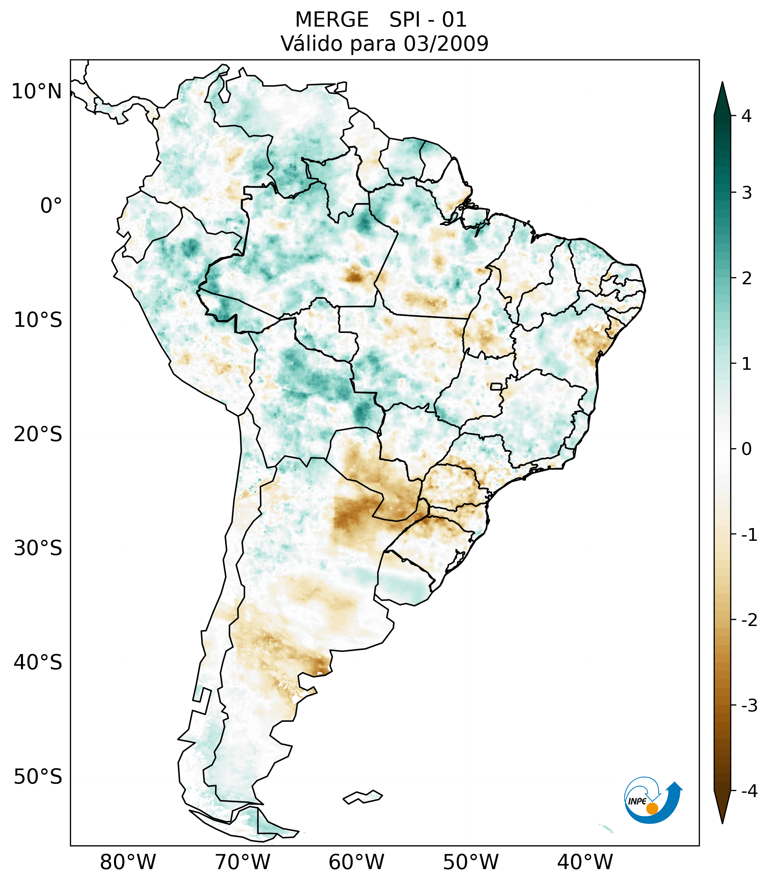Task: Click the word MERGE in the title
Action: point(332,20)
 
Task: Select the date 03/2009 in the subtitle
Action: point(446,44)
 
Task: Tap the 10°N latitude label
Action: point(37,92)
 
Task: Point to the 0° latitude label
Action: point(51,206)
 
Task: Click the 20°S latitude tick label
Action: point(38,434)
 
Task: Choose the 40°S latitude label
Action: point(38,663)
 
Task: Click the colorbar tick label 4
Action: point(746,116)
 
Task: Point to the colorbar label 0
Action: point(746,449)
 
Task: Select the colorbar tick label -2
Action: point(749,621)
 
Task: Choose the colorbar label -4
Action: point(749,791)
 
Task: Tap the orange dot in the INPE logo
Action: point(652,808)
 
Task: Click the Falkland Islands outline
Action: point(363,797)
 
